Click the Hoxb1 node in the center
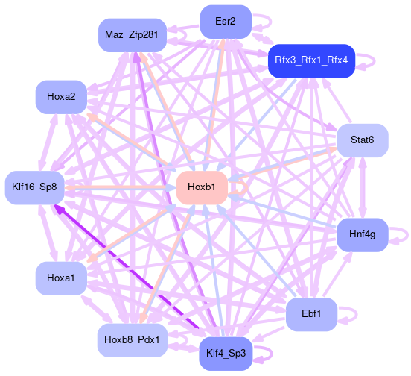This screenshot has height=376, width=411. coord(202,188)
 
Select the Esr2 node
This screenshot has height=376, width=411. coord(226,22)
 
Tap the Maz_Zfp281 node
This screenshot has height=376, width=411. coord(133,35)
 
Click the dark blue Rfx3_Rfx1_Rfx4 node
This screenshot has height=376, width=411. coord(311,61)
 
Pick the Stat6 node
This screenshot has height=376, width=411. coord(363,140)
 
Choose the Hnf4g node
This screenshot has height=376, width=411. coord(363,235)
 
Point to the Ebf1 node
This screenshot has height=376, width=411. coord(311,314)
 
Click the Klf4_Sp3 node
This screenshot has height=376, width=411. coord(226,354)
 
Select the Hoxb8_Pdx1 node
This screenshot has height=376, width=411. coord(133,340)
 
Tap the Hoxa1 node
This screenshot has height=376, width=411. coord(61,278)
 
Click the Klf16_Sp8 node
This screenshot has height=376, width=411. coord(34,188)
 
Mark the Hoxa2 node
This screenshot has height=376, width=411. coord(61,97)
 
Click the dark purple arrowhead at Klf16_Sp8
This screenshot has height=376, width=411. coord(59,210)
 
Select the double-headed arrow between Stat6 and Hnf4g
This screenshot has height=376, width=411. coord(363,188)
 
